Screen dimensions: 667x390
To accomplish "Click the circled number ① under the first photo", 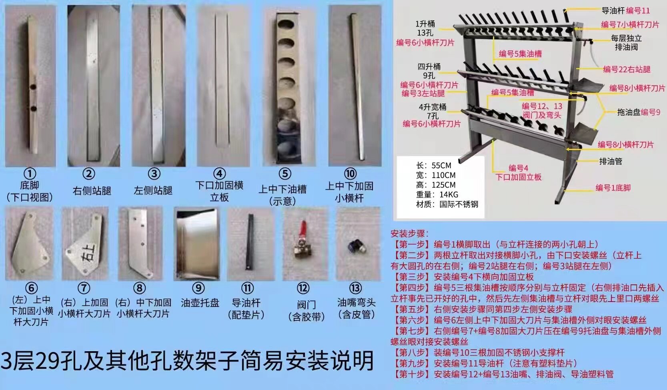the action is (30, 174).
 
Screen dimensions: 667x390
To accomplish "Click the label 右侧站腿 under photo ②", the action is (92, 190).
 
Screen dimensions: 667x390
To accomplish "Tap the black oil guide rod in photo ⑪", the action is (250, 242).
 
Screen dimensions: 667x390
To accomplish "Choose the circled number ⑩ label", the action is (350, 174).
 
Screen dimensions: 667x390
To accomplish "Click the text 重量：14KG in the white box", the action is (437, 195).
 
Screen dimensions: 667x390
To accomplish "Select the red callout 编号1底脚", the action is (613, 188).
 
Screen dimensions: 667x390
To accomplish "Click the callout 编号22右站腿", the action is (627, 70).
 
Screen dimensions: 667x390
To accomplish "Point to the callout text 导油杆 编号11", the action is (626, 11).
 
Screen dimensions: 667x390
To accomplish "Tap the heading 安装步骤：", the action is (410, 234).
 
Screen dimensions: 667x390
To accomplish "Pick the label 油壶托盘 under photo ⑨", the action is (200, 303).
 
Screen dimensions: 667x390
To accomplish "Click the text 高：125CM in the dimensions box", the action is (436, 185).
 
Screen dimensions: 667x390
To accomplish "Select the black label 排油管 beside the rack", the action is (611, 161).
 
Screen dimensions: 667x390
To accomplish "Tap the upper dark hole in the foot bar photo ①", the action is (33, 87).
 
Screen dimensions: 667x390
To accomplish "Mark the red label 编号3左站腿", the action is (423, 94).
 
